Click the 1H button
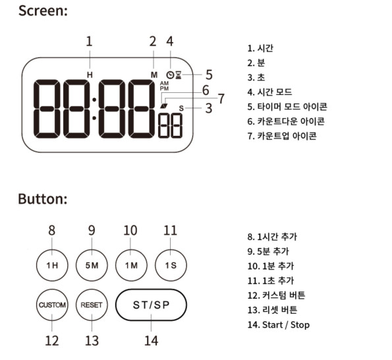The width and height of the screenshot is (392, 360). click(52, 265)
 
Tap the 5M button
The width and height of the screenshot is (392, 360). click(92, 265)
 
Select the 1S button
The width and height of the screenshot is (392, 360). click(171, 265)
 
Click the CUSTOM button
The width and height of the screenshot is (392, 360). click(52, 305)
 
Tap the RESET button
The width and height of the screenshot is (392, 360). click(92, 305)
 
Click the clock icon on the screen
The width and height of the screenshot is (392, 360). click(170, 75)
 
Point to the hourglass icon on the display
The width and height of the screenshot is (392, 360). click(179, 75)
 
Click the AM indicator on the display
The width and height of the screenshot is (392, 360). click(164, 83)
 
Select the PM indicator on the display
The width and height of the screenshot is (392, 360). click(164, 88)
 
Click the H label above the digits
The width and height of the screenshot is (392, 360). click(90, 75)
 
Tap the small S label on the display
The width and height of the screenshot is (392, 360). click(181, 108)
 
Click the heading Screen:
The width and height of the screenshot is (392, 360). click(43, 11)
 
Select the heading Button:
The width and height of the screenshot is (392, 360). click(43, 199)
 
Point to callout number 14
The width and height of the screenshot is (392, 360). click(152, 341)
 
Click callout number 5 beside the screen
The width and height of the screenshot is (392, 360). click(209, 75)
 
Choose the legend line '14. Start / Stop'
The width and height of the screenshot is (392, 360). click(279, 325)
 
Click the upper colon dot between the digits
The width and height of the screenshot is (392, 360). click(94, 100)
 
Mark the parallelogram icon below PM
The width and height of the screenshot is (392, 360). click(164, 105)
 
